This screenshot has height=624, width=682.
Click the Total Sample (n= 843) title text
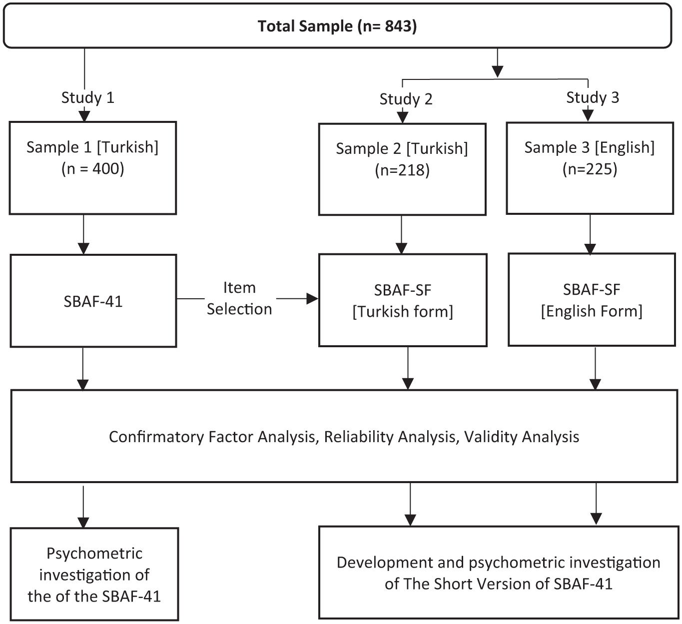pos(337,26)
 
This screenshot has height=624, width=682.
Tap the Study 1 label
pos(88,97)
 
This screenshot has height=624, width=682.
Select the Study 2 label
pos(406,99)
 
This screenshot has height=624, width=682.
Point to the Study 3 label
pos(593,97)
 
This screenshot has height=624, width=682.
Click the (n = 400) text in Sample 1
pos(93,169)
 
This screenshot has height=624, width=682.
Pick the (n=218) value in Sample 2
pos(402,170)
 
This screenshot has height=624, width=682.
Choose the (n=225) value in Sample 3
pos(590,169)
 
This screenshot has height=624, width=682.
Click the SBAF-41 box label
pos(93,301)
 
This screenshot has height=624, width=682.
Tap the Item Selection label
pos(239,299)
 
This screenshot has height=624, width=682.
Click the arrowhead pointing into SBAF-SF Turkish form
pos(312,299)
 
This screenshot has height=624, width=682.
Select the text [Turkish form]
pos(403,312)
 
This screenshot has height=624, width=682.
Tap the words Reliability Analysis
pos(390,437)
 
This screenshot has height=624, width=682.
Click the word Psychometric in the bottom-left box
pos(94,553)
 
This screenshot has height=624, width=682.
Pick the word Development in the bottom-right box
pos(383,563)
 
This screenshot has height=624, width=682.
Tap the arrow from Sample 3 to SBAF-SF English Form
pos(590,234)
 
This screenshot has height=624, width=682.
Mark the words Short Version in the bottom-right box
pos(488,584)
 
